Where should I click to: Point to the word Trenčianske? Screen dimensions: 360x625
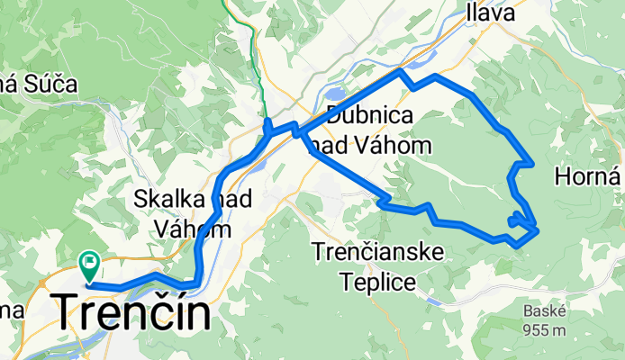pyautogui.click(x=378, y=253)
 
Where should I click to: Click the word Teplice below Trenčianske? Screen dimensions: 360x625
pyautogui.click(x=378, y=282)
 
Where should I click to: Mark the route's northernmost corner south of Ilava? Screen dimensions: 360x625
pyautogui.click(x=401, y=70)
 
